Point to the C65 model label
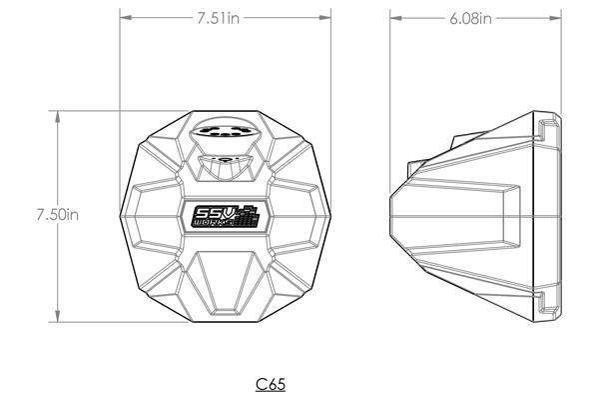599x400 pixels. coord(272,383)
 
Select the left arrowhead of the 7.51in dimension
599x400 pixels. coord(124,17)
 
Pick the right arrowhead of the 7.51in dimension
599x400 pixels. coord(329,17)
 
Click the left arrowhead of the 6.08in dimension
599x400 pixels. coord(393,17)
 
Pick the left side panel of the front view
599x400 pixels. coord(148,215)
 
